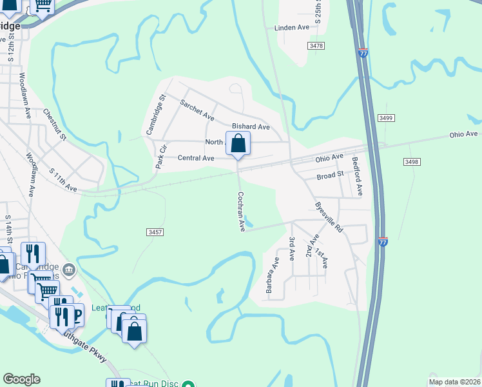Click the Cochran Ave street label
coord(241,212)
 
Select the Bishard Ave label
coord(251,126)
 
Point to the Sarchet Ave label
coord(197,110)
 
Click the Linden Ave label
coord(292,28)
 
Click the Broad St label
coord(330,176)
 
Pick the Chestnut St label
coord(55,124)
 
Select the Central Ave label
coord(196,158)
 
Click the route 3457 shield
coord(155,231)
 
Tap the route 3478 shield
coord(316,46)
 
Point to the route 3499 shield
coord(386,118)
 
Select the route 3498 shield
coord(412,161)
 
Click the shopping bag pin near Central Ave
coord(238,143)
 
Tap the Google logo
coord(21,379)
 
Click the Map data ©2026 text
coord(455,382)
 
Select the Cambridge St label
coord(155,115)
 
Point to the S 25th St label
coord(318,12)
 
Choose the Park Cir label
coord(160,157)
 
